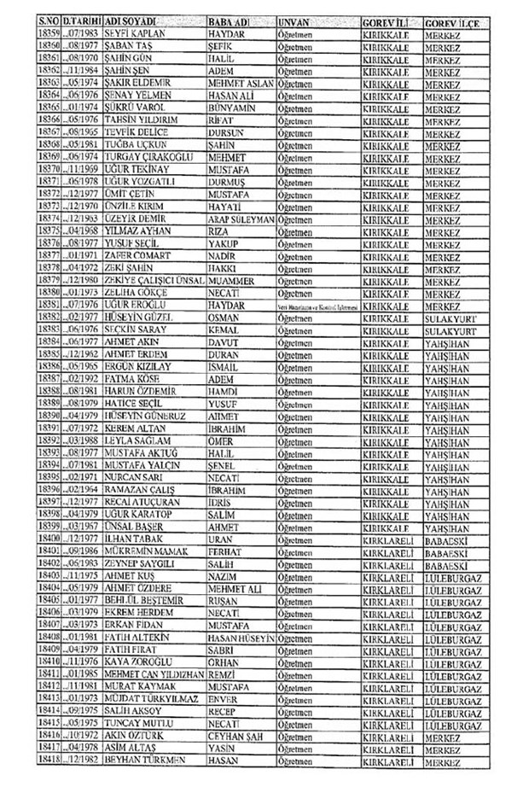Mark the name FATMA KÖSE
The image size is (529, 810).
click(x=131, y=378)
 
